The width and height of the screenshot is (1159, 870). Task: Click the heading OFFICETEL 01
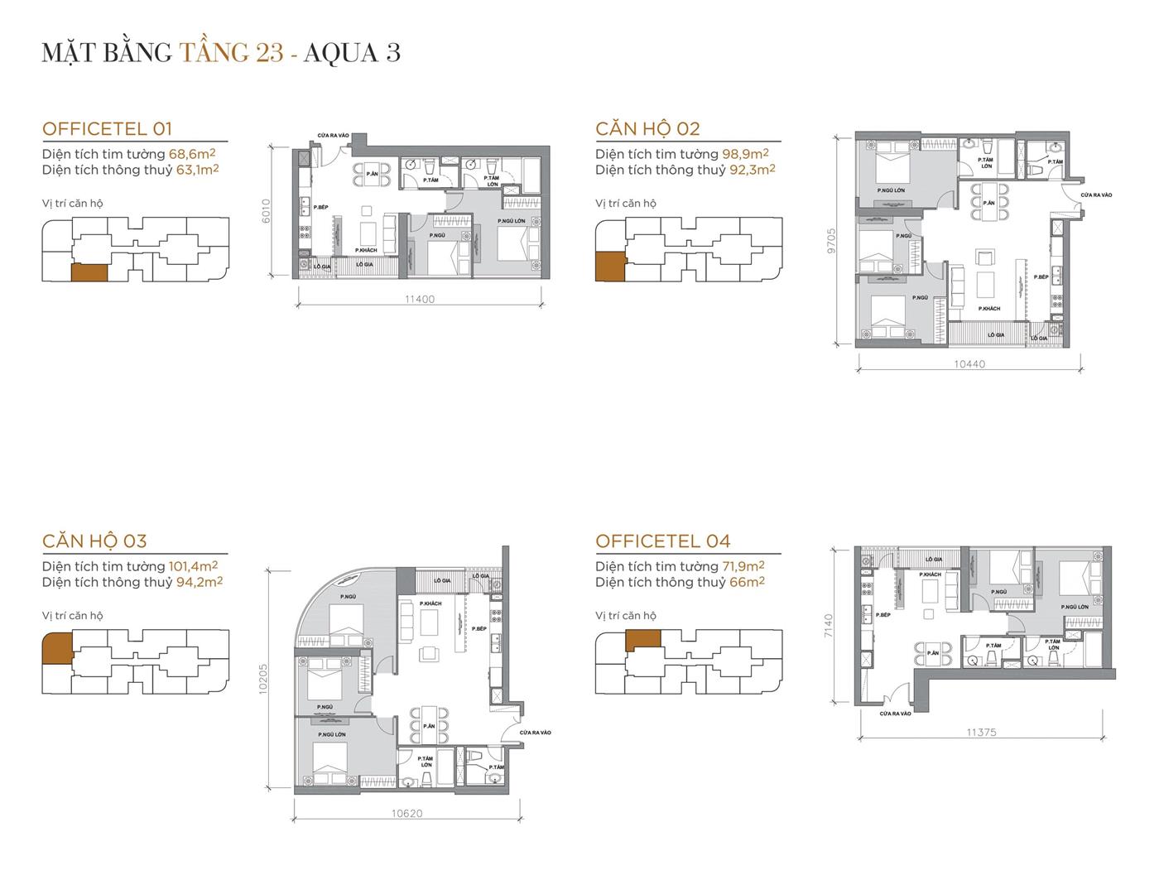pyautogui.click(x=107, y=128)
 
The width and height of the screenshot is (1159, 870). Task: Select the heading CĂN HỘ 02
pyautogui.click(x=647, y=128)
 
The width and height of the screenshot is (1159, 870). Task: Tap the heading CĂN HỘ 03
pyautogui.click(x=94, y=541)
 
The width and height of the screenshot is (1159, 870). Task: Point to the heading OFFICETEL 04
pyautogui.click(x=663, y=541)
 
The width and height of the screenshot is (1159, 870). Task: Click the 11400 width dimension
pyautogui.click(x=420, y=300)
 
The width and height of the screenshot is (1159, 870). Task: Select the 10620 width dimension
pyautogui.click(x=407, y=814)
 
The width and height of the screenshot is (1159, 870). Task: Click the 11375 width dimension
pyautogui.click(x=981, y=733)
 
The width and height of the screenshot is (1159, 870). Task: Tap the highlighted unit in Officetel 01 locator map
pyautogui.click(x=89, y=273)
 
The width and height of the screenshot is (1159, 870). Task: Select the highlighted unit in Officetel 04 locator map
pyautogui.click(x=643, y=640)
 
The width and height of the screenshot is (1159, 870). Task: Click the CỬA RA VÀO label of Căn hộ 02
pyautogui.click(x=1097, y=195)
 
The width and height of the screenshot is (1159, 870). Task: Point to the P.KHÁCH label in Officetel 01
pyautogui.click(x=366, y=250)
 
